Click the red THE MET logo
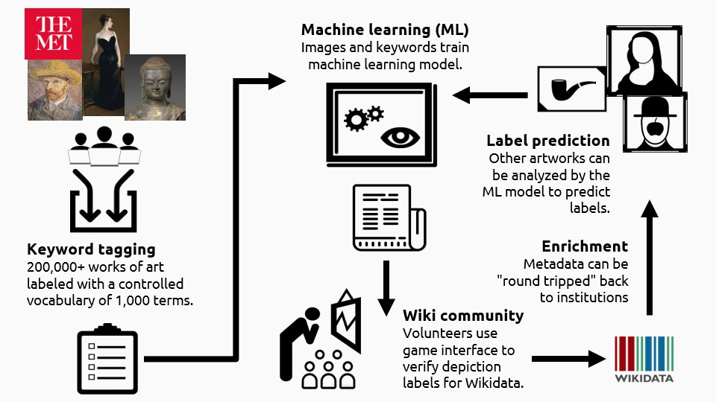(x=53, y=33)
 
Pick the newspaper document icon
(x=388, y=217)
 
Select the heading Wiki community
(x=462, y=316)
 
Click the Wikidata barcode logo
(x=644, y=358)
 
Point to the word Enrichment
(x=585, y=246)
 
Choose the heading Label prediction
(x=547, y=141)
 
